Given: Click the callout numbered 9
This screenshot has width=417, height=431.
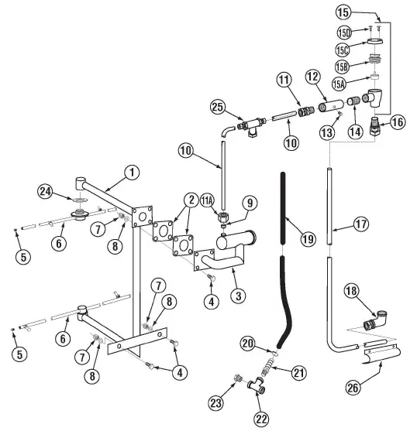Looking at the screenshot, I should point(249,204).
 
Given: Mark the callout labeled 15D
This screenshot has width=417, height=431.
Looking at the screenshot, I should point(344,32).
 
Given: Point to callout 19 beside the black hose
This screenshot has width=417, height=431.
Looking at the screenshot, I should point(307,238).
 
